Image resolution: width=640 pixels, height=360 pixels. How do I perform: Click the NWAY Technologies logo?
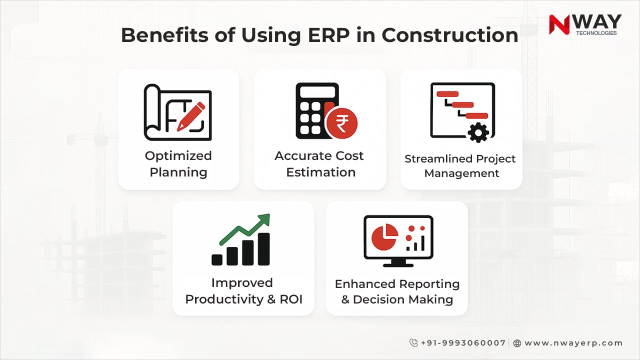tap(585, 24)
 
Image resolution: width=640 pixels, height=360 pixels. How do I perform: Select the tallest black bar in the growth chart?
tap(263, 248)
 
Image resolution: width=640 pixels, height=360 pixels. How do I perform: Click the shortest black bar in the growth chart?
tap(217, 259)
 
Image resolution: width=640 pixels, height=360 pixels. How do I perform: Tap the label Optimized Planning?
tap(178, 164)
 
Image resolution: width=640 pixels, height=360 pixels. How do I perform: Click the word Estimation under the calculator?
tap(320, 172)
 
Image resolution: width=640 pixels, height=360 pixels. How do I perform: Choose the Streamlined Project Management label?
tap(460, 166)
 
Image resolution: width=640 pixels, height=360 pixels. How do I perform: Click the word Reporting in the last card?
tap(429, 284)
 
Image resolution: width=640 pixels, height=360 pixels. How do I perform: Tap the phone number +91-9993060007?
tap(463, 343)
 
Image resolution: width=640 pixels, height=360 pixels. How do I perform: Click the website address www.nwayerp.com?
tap(573, 343)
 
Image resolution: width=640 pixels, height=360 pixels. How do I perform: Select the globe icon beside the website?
tap(517, 343)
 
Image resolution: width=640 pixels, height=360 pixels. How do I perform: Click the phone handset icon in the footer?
tap(413, 343)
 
